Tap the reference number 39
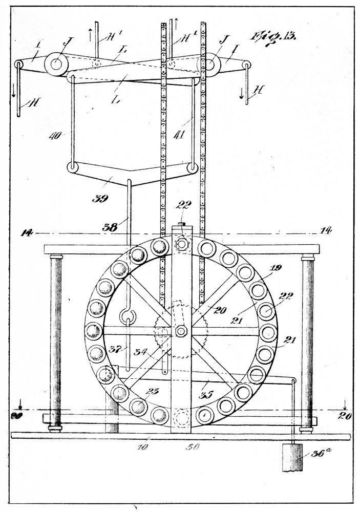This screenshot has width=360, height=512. coord(100,199)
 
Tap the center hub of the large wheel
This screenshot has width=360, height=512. coord(181,331)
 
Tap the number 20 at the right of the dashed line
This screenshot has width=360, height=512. coord(343,416)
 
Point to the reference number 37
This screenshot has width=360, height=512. coord(114,350)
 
